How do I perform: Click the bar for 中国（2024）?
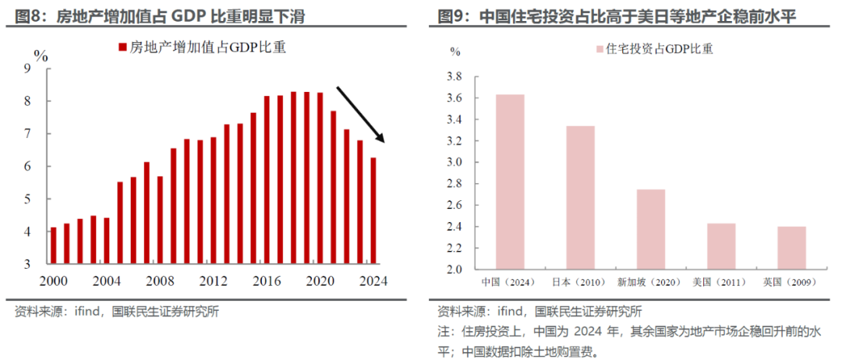click(510, 182)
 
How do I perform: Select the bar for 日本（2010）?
click(580, 198)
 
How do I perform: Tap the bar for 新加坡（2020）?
click(651, 229)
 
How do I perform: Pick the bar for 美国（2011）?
click(721, 246)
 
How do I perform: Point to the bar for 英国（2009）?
click(791, 248)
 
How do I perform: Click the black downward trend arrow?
click(360, 114)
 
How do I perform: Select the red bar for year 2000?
click(54, 245)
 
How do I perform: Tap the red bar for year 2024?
click(374, 210)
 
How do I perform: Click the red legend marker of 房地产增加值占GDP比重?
click(122, 48)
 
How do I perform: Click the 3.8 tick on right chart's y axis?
click(453, 77)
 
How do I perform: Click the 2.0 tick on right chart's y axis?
click(453, 270)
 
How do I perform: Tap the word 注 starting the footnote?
click(443, 332)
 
